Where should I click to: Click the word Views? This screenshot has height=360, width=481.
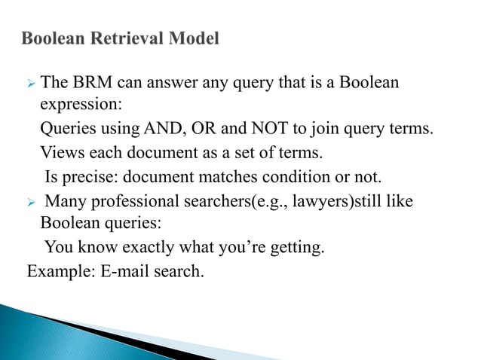coord(60,154)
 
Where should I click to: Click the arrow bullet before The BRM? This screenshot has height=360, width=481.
coord(31,82)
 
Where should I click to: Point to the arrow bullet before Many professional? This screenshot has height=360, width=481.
coord(31,203)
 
